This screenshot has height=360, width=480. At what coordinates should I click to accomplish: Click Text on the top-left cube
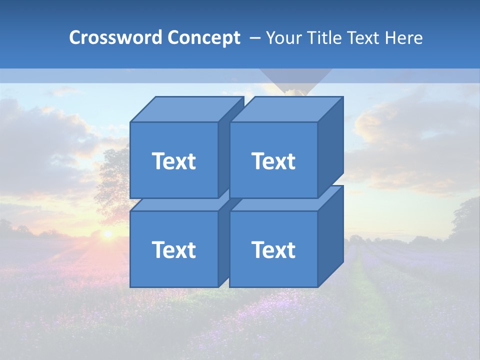tap(173, 161)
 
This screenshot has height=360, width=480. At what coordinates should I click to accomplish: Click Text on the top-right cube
tap(273, 161)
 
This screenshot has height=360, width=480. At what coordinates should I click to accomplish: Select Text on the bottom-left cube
tap(173, 249)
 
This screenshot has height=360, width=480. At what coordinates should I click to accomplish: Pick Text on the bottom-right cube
tap(273, 249)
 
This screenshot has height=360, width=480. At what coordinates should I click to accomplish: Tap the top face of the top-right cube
tap(286, 109)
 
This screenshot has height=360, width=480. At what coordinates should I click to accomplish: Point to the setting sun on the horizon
tap(107, 233)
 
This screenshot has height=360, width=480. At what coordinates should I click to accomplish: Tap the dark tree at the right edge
tap(467, 220)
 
